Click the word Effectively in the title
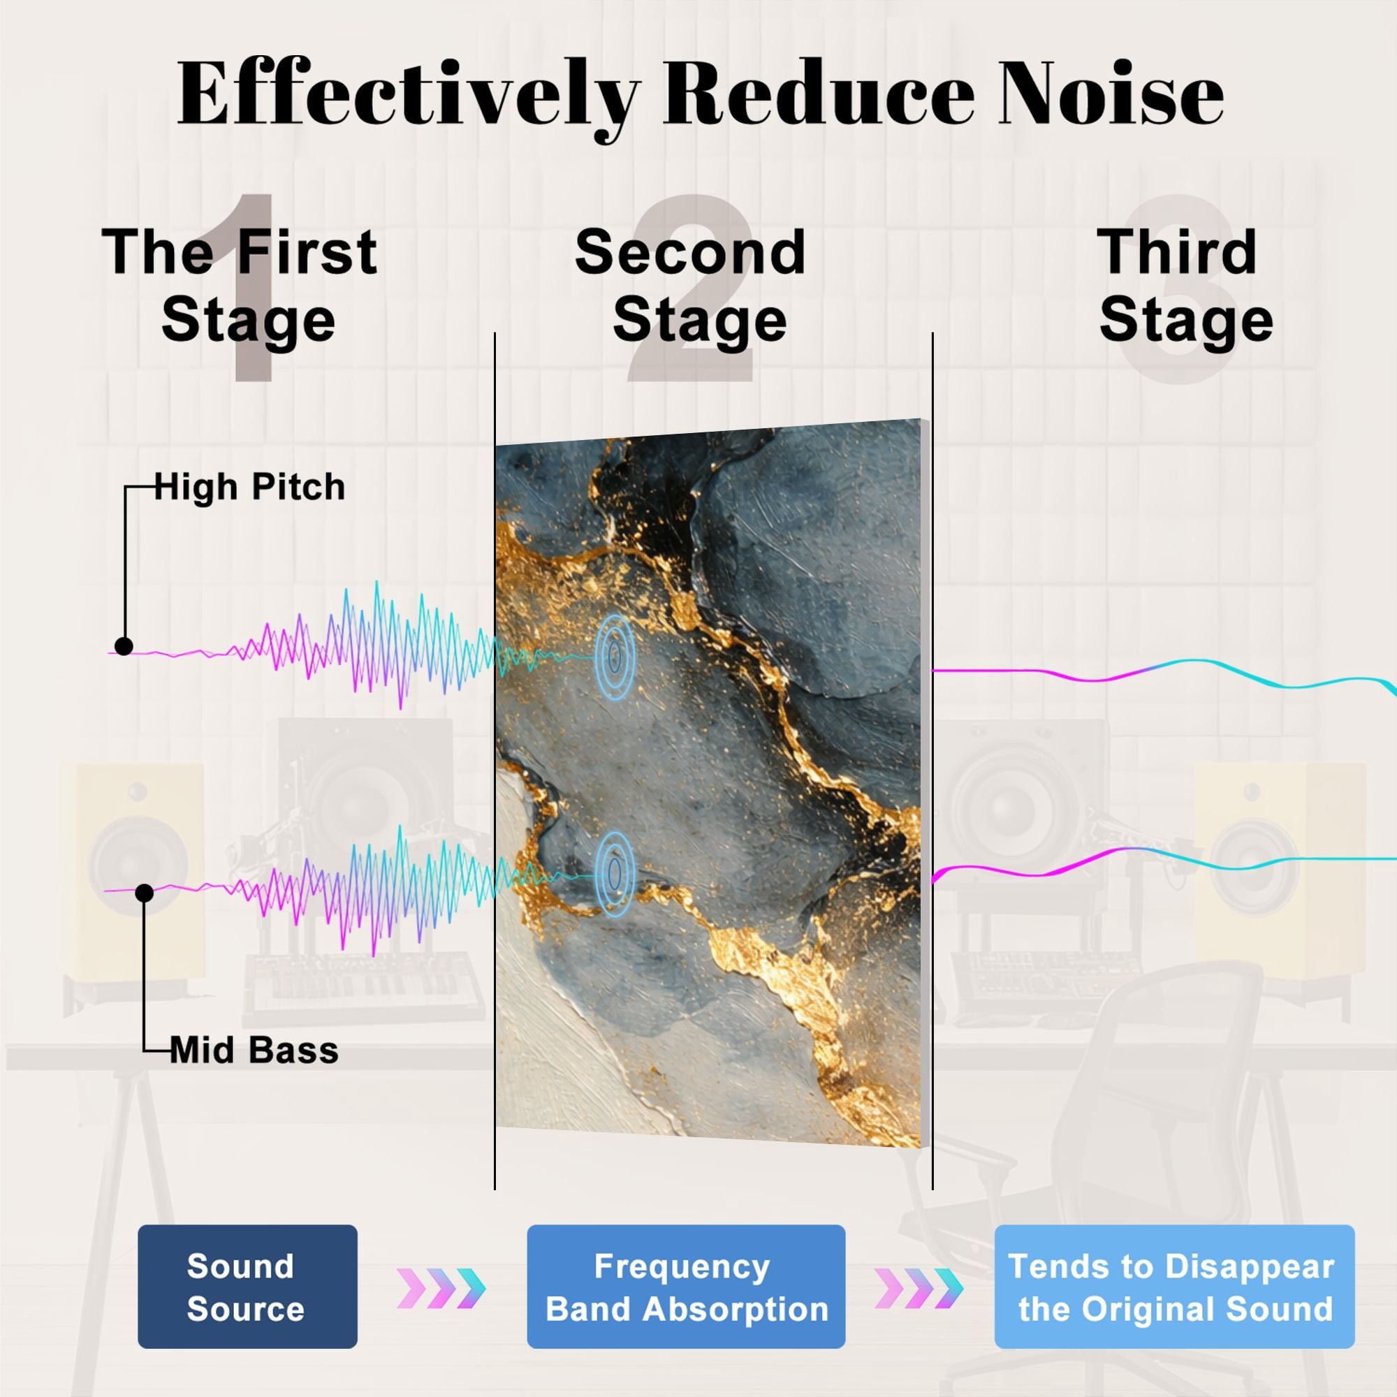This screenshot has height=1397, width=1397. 409,96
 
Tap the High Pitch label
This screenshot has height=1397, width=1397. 249,487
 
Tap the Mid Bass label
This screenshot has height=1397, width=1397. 254,1050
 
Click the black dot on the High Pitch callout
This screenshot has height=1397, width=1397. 124,646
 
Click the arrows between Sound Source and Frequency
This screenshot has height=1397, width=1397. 441,1289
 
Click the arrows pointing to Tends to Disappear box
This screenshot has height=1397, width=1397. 919,1289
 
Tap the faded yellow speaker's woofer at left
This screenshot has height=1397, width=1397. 138,865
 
